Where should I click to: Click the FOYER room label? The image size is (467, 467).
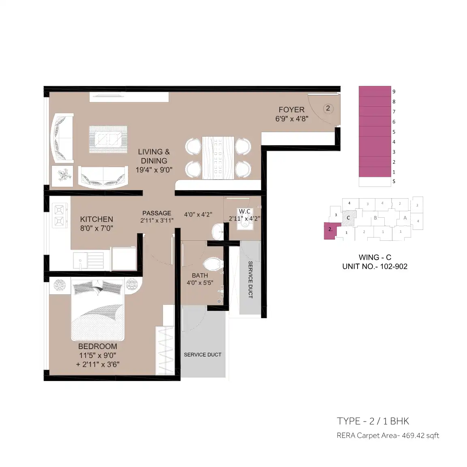pos(291,109)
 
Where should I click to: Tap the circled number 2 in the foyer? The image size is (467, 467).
pos(328,108)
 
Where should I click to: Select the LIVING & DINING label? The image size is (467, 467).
pos(154,156)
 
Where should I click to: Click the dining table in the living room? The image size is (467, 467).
pos(218,158)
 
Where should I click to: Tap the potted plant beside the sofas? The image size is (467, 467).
pos(62,176)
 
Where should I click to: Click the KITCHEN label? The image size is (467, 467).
pos(96,219)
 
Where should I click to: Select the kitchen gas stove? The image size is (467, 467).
pos(60,215)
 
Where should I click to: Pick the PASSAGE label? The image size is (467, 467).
pos(156,213)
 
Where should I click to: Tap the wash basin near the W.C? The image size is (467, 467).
pos(218,231)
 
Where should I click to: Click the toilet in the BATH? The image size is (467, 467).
pos(213,263)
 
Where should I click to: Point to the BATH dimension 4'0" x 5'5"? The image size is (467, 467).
pos(200,283)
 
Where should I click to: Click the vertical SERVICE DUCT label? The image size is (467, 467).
pos(251,280)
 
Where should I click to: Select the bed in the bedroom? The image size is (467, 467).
pos(98,310)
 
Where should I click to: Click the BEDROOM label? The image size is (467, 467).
pos(98,346)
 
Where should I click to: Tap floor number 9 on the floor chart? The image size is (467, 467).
pos(394,92)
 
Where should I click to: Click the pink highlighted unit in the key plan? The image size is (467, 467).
pos(332,231)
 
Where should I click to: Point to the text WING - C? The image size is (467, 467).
pos(375,257)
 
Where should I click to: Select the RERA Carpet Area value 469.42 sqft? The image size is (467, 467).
pos(420,435)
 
